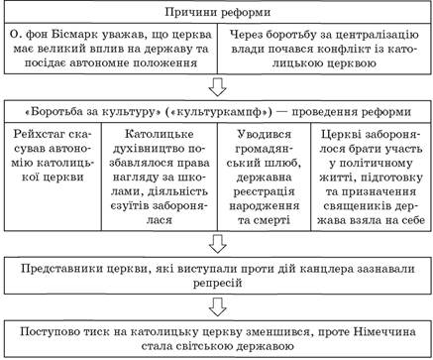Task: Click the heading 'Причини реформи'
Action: tap(217, 12)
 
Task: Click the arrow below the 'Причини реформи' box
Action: tap(218, 87)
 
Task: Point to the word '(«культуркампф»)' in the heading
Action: tap(218, 112)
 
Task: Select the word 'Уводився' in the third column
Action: tap(265, 134)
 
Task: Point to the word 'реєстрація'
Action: tap(264, 191)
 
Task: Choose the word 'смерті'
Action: tap(271, 220)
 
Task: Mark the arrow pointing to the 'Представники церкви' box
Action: tap(218, 244)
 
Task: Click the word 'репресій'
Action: tap(218, 284)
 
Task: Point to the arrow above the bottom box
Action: tap(218, 307)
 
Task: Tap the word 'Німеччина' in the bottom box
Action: tap(384, 331)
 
